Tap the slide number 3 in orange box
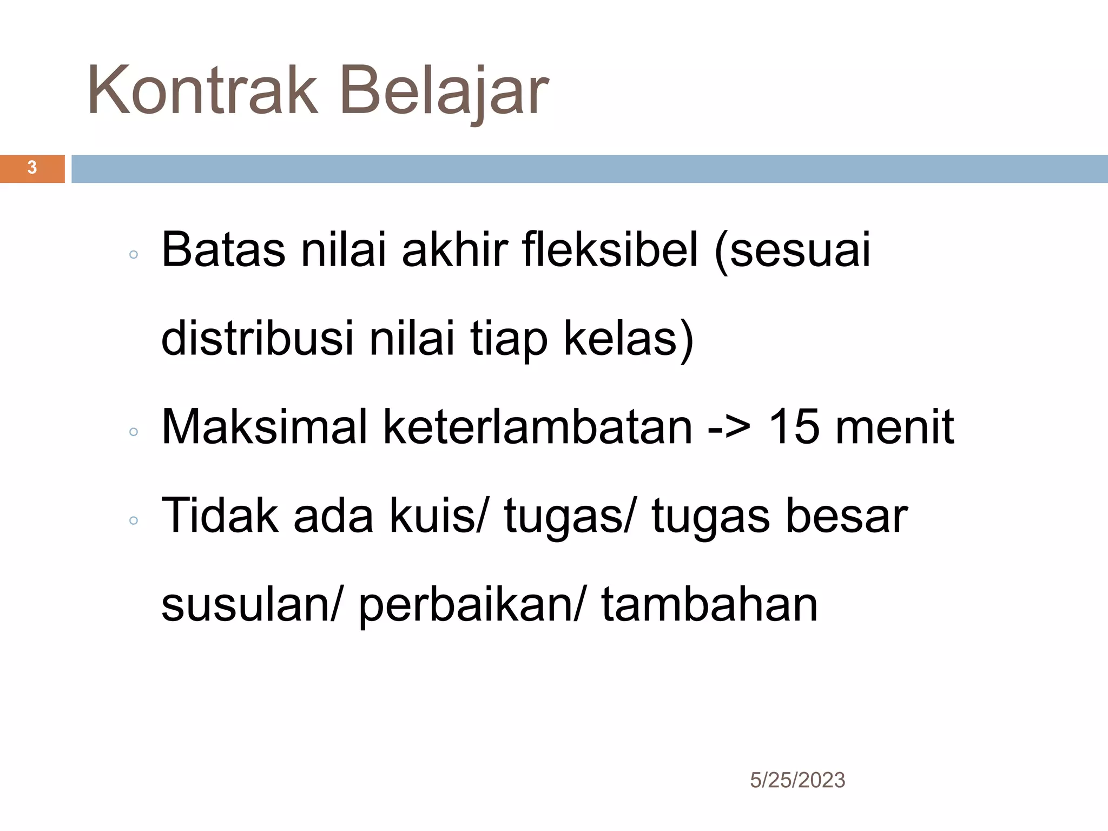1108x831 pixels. [32, 168]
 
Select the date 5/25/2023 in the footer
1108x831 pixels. [797, 780]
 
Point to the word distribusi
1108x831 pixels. [257, 338]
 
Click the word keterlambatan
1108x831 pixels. [538, 427]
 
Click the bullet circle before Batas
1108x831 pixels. [134, 254]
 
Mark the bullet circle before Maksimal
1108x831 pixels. [134, 432]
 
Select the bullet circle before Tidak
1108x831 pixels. [134, 520]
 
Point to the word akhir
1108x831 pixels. [454, 250]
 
